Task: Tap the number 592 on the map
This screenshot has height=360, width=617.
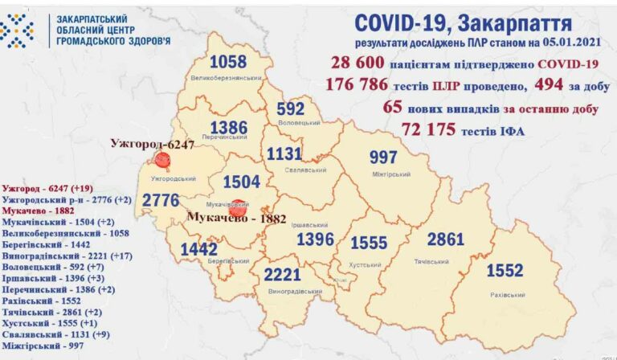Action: tap(290, 108)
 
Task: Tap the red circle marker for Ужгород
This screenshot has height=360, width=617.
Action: tap(162, 160)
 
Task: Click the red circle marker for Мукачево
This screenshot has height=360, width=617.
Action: tap(236, 207)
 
